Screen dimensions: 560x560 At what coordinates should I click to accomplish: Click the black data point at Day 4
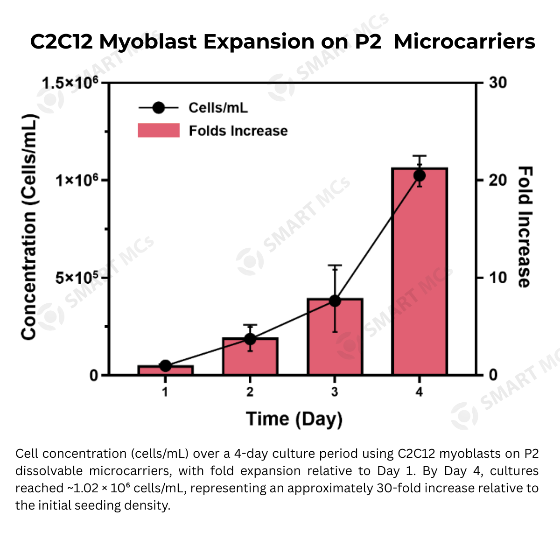420,175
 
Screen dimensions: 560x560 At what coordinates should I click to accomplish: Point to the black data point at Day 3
335,301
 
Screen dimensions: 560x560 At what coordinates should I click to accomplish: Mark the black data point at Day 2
250,339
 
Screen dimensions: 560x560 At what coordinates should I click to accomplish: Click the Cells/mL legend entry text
218,108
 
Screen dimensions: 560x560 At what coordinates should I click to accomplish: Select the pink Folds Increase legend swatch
159,130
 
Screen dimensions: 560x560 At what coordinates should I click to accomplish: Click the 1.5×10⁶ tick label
70,83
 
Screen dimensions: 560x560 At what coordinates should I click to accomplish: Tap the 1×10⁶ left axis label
77,180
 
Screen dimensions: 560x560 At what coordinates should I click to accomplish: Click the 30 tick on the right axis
498,83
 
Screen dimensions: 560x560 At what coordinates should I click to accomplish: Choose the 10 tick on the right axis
498,278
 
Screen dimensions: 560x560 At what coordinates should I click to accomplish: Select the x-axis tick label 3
335,392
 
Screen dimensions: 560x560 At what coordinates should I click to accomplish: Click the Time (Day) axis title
294,419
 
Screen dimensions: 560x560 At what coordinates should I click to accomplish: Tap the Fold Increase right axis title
525,227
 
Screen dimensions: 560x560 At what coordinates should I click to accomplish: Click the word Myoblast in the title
148,42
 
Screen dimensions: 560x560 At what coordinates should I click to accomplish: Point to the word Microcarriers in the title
464,42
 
